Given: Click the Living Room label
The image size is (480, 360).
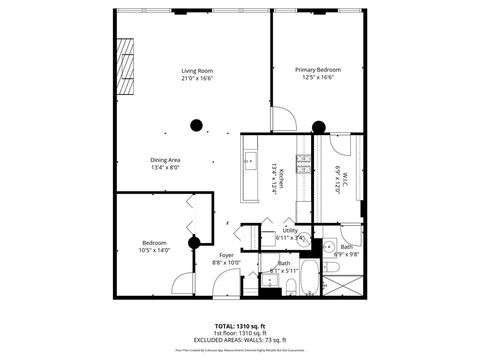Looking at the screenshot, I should point(197,70).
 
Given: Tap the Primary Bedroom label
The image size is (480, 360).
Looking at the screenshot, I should point(318,70).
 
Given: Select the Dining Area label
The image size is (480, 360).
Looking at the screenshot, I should point(165,160).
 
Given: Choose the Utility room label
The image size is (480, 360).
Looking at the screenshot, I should point(291,229).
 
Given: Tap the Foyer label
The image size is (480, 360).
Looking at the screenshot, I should point(227,255).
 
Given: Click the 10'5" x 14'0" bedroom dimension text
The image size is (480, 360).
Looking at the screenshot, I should point(155,250).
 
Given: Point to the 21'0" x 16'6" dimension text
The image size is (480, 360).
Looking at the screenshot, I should point(197,78).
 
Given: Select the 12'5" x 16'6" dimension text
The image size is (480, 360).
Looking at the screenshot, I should point(318,78).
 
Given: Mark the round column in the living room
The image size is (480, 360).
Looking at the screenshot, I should point(197,126).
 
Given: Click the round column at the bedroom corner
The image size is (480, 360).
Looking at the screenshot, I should point(196,240).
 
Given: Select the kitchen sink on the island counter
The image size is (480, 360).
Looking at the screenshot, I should point(249,159).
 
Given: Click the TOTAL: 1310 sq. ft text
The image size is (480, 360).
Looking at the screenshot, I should point(239,326).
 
